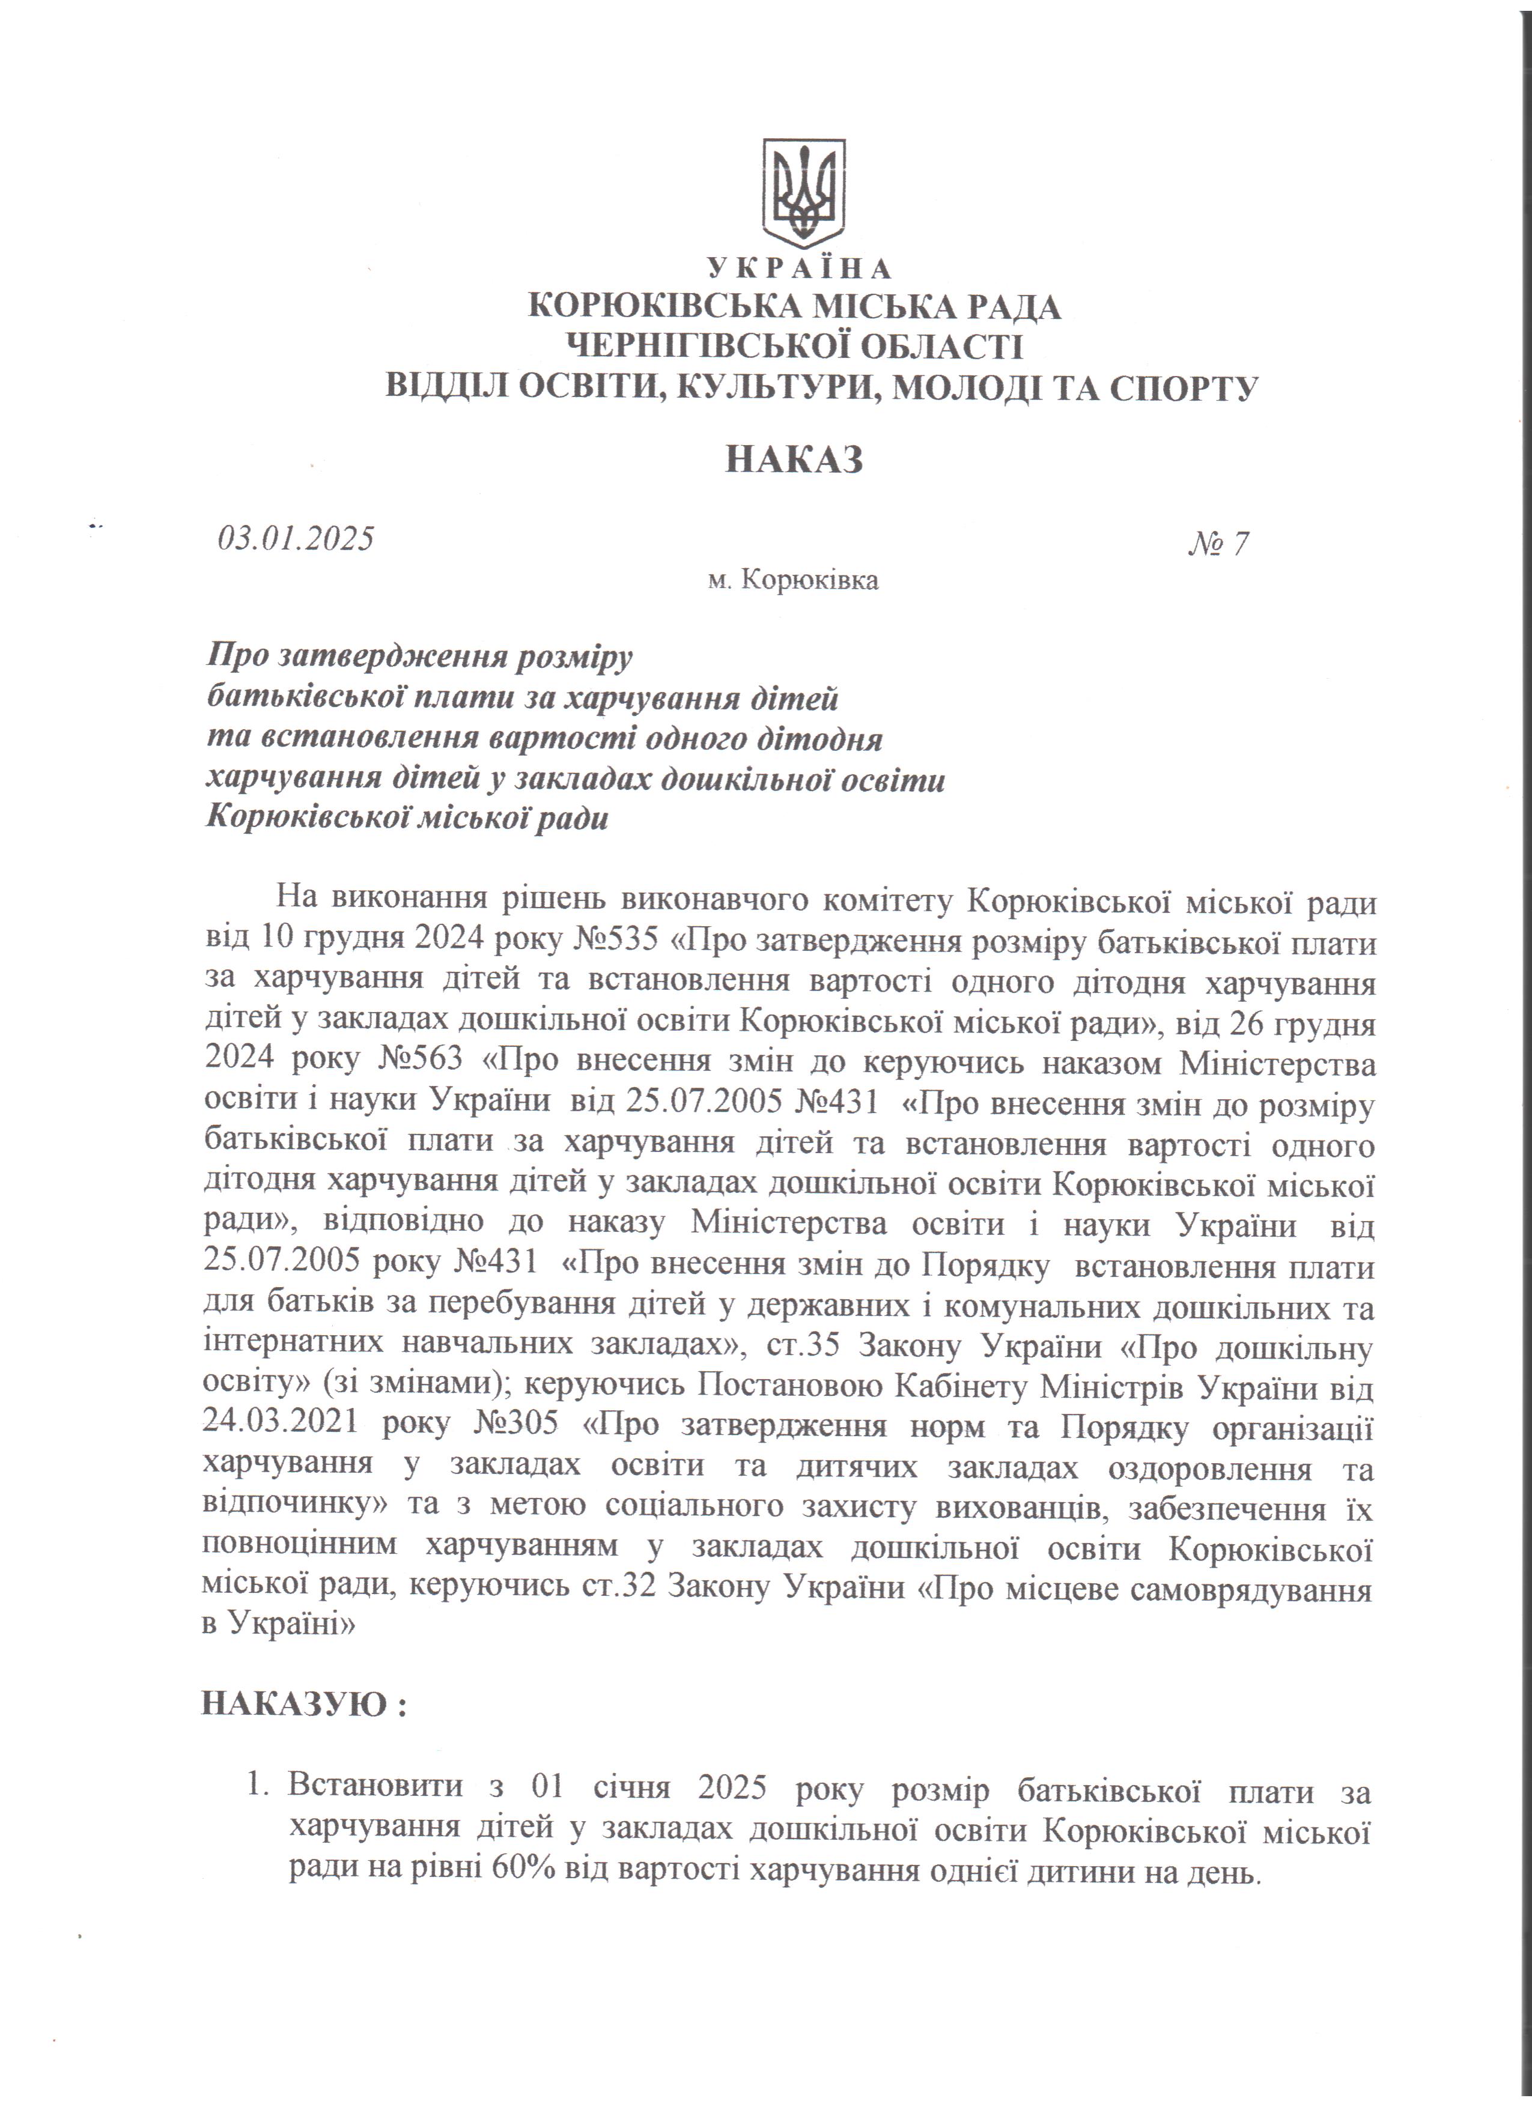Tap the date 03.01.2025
296,539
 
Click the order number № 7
1218,544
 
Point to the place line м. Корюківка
792,581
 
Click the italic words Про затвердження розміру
419,657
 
